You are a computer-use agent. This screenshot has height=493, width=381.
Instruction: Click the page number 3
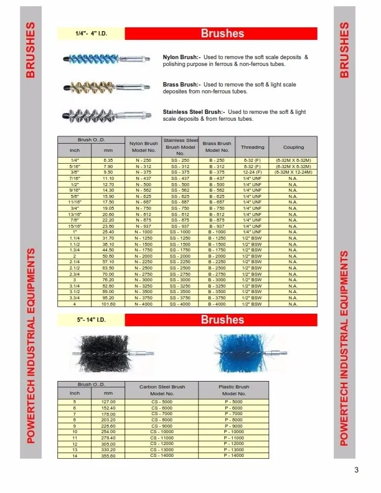point(357,470)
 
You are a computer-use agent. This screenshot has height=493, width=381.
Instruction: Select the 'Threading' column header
point(252,147)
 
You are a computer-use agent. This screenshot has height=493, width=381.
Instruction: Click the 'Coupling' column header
point(293,147)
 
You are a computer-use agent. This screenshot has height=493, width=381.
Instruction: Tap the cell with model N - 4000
point(143,305)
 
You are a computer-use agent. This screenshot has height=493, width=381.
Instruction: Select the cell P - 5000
point(234,402)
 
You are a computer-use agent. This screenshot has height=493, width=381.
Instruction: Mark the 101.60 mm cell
point(108,305)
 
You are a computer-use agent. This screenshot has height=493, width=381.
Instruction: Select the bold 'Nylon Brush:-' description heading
point(181,57)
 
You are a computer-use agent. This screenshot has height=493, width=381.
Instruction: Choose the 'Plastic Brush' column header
point(234,390)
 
